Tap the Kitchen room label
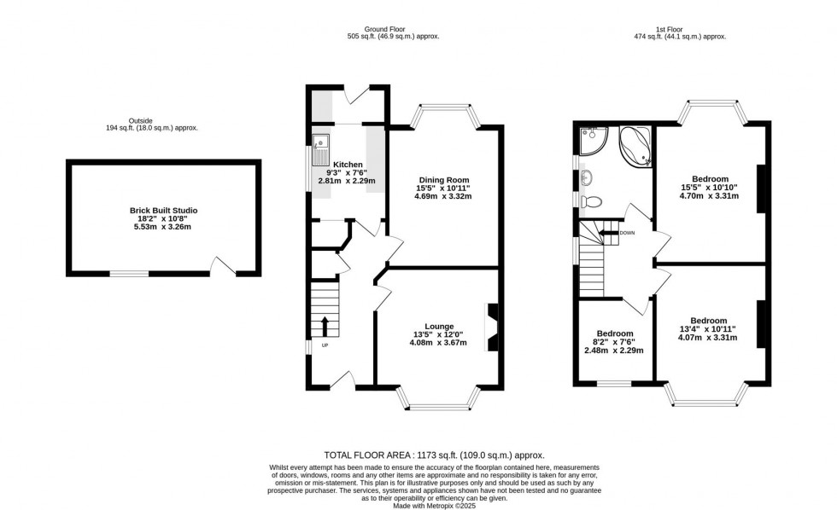tap(348, 165)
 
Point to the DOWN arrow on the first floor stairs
tap(608, 232)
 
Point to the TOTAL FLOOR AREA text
tap(434, 455)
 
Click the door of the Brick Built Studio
tap(224, 267)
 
